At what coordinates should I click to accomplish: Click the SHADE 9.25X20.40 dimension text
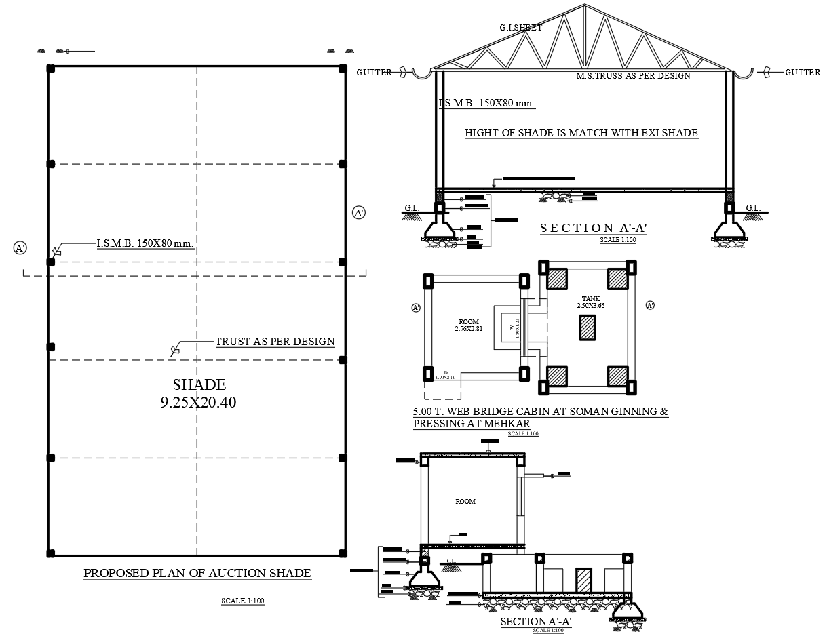tap(198, 394)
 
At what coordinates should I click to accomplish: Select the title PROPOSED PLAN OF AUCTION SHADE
tap(197, 574)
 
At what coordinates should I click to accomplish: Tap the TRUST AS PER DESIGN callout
tap(275, 342)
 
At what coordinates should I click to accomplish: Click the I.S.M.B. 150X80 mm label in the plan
tap(144, 243)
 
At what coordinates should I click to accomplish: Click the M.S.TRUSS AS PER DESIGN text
tap(633, 76)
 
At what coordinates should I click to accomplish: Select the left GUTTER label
tap(374, 73)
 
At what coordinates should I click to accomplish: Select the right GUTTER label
tap(803, 73)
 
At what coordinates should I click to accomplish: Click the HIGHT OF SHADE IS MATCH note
tap(581, 133)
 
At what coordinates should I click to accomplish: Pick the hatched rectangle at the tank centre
tap(587, 328)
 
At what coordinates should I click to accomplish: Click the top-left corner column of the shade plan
tap(50, 68)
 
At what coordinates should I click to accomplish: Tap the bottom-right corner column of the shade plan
tap(343, 554)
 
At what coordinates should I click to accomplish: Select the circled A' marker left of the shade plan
tap(20, 248)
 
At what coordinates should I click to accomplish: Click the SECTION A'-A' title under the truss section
tap(594, 229)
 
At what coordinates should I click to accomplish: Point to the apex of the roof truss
tap(583, 7)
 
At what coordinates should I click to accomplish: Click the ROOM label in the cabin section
tap(465, 502)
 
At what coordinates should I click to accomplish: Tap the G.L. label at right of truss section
tap(753, 208)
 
